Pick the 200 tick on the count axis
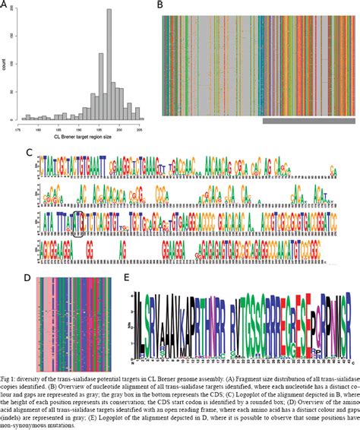click(13, 12)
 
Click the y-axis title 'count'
click(5, 66)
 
